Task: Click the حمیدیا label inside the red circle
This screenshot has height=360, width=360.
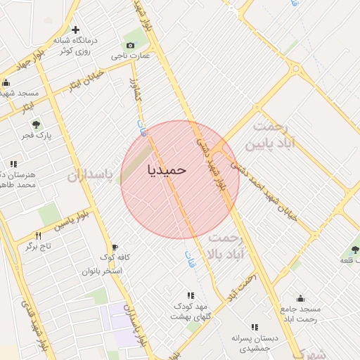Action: click(167, 170)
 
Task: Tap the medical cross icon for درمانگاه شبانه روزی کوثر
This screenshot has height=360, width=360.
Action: click(75, 30)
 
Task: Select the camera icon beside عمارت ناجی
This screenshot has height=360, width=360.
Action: click(130, 46)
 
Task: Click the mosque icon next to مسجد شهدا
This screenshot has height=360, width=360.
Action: click(6, 82)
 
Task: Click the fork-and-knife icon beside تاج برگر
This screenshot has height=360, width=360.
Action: click(39, 236)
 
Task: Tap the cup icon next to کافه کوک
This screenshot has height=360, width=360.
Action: click(113, 247)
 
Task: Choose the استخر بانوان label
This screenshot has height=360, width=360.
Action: click(103, 271)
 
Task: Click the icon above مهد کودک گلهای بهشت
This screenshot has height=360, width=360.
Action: click(189, 296)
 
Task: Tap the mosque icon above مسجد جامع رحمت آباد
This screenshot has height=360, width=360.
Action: click(301, 298)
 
